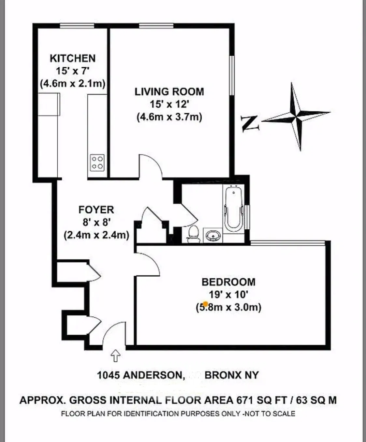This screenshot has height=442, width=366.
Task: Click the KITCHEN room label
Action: pyautogui.click(x=73, y=58)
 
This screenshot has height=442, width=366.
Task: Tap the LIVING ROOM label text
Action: pyautogui.click(x=169, y=92)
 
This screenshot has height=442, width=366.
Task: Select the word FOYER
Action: pyautogui.click(x=96, y=210)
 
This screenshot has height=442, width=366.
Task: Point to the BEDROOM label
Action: pyautogui.click(x=228, y=282)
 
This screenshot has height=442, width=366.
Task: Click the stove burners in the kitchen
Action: pyautogui.click(x=97, y=162)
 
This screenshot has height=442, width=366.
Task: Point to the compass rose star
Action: pyautogui.click(x=297, y=116)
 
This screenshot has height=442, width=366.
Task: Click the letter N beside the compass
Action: pyautogui.click(x=250, y=123)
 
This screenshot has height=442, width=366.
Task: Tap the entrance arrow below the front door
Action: pyautogui.click(x=116, y=355)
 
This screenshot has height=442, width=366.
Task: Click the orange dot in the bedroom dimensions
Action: pyautogui.click(x=205, y=304)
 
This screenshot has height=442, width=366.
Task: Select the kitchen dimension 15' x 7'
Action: pyautogui.click(x=72, y=71)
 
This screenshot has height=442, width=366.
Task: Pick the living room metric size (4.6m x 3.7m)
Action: pyautogui.click(x=169, y=117)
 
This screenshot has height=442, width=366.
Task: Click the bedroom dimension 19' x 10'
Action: pyautogui.click(x=228, y=295)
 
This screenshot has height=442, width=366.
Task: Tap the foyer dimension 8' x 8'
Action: pyautogui.click(x=96, y=222)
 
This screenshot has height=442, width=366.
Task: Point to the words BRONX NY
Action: pyautogui.click(x=232, y=375)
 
